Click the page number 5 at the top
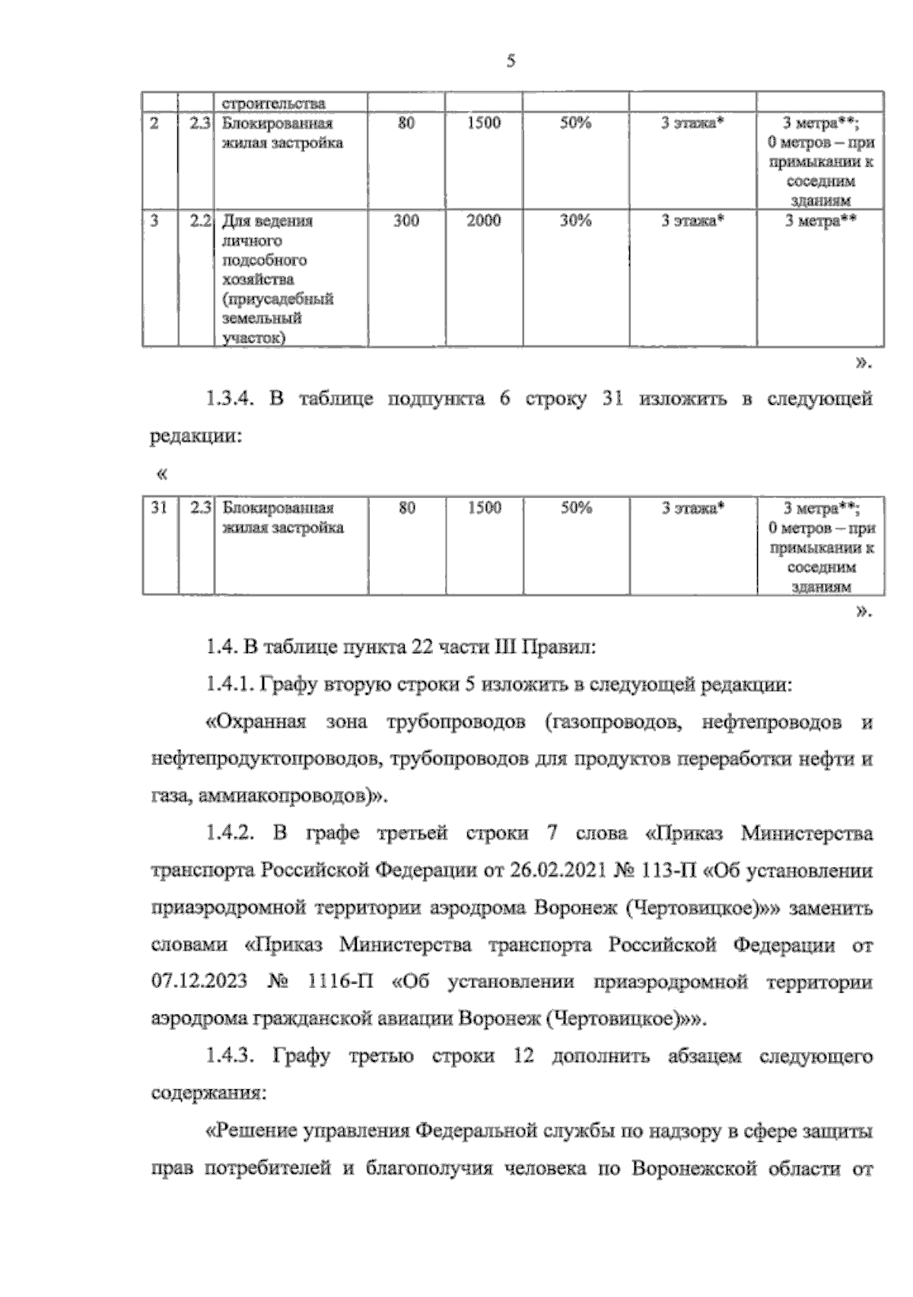511,62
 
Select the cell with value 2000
483,221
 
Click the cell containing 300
406,221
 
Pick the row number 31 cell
158,508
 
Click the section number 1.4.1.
228,684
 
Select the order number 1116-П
341,982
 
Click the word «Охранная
256,722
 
